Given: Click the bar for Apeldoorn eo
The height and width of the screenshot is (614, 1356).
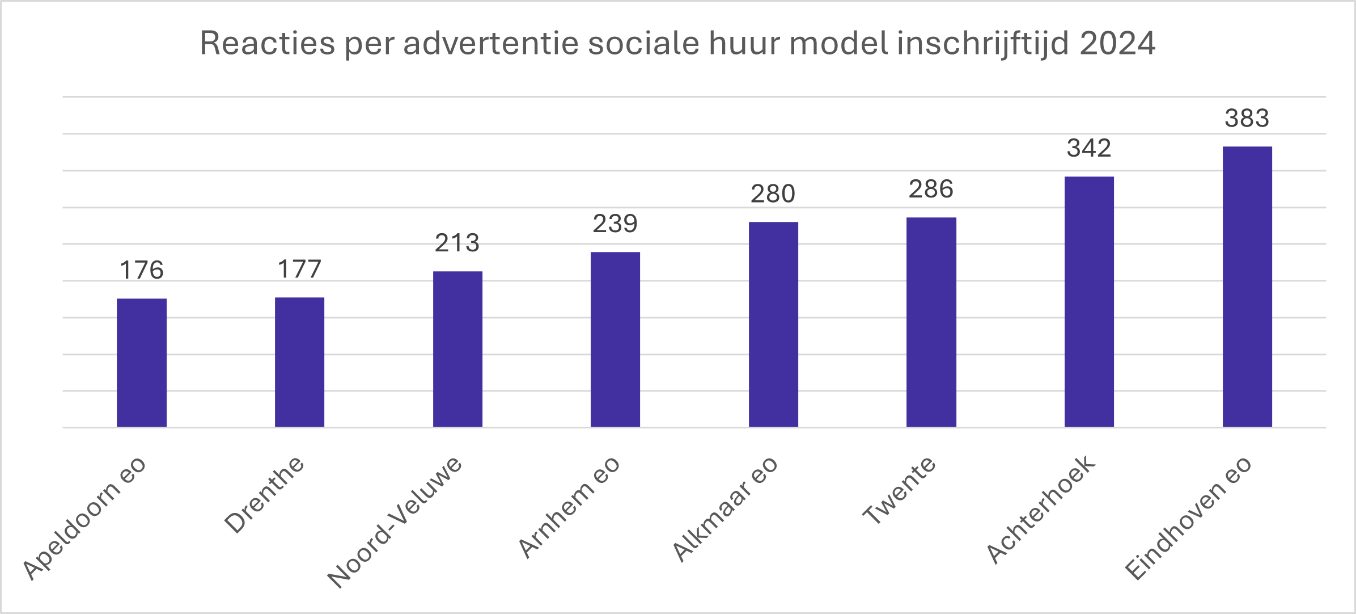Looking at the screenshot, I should point(142,363).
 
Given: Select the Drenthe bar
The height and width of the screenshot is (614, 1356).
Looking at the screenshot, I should point(299,362).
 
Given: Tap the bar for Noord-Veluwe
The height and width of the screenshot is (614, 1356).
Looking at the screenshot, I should point(457,349).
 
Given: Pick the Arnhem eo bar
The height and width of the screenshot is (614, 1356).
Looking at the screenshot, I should point(615,339).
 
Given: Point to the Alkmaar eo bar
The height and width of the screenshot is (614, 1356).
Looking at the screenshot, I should point(773,324).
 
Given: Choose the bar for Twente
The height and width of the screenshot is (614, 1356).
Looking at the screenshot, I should point(931,322).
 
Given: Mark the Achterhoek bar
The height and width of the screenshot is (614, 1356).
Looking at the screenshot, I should point(1089,301).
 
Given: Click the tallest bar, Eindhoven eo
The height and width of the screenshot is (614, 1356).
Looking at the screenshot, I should point(1247,287).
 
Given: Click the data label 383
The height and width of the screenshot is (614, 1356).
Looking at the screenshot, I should point(1247,118).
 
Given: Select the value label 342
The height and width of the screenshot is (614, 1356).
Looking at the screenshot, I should point(1089,148).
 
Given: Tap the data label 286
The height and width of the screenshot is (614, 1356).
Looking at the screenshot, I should point(931,189).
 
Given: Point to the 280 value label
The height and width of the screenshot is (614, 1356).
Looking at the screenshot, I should point(773,194).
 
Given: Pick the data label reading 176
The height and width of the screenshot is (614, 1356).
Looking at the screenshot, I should point(142,270).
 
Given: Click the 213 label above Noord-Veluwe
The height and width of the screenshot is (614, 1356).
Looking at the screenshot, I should point(457,243).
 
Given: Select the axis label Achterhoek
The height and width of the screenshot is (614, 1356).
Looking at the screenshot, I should point(1040,510).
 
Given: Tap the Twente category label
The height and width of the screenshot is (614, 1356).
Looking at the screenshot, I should point(899,491).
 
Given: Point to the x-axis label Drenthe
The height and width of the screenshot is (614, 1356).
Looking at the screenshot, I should point(264,495).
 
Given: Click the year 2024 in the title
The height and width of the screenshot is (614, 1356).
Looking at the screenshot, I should point(1117,43).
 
